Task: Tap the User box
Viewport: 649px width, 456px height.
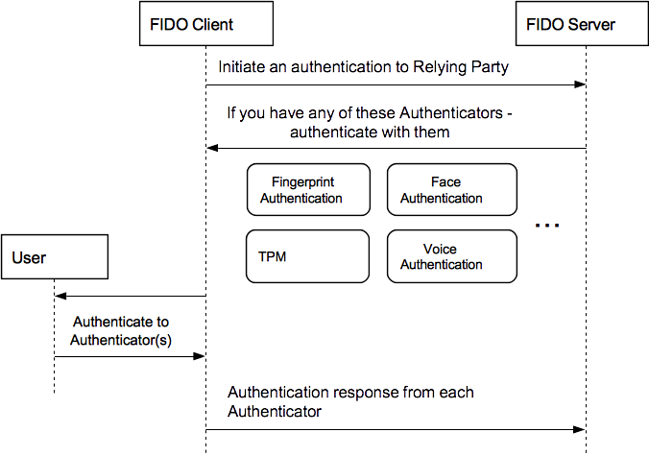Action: point(53,257)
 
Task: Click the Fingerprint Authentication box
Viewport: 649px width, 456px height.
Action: point(307,190)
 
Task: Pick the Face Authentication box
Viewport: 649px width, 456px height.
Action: point(452,190)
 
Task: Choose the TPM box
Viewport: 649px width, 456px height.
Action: point(307,257)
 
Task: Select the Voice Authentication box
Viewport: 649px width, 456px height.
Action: point(452,257)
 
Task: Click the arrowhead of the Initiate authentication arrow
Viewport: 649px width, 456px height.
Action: point(580,85)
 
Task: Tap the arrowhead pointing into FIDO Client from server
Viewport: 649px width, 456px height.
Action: point(214,149)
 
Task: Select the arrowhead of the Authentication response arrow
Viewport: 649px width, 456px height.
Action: point(580,429)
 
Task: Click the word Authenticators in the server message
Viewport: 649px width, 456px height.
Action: point(459,113)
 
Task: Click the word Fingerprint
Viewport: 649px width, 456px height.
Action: point(302,182)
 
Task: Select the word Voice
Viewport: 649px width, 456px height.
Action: point(440,250)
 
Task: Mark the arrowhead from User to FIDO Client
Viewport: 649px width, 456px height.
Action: point(200,356)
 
